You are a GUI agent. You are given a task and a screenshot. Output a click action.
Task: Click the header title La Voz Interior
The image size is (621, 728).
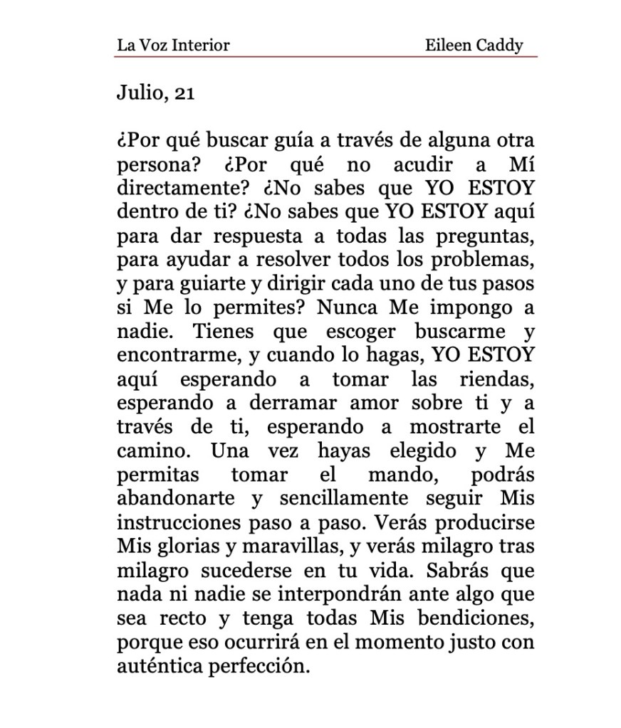[x=173, y=46]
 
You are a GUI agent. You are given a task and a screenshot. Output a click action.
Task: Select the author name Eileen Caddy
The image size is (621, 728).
[x=474, y=46]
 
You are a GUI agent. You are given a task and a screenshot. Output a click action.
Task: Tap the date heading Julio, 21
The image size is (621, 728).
[x=155, y=93]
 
